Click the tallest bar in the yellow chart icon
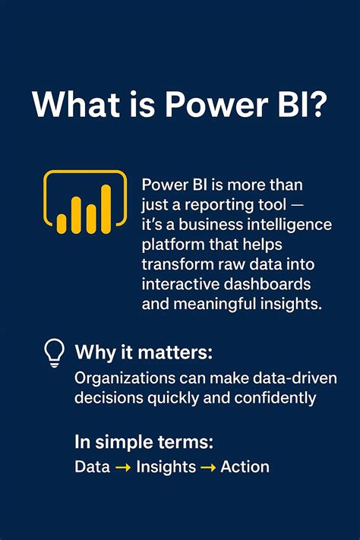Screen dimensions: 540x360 click(106, 210)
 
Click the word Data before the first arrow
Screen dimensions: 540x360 click(92, 466)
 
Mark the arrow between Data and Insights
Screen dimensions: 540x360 click(124, 467)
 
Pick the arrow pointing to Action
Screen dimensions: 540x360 click(207, 467)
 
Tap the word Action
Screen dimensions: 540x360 click(245, 466)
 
